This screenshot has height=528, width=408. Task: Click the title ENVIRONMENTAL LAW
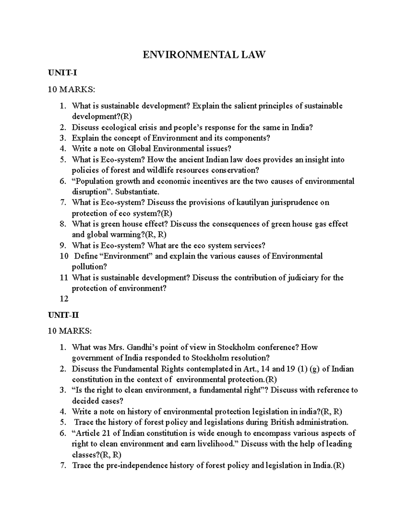pyautogui.click(x=204, y=54)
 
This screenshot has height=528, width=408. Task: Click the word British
pyautogui.click(x=282, y=422)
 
